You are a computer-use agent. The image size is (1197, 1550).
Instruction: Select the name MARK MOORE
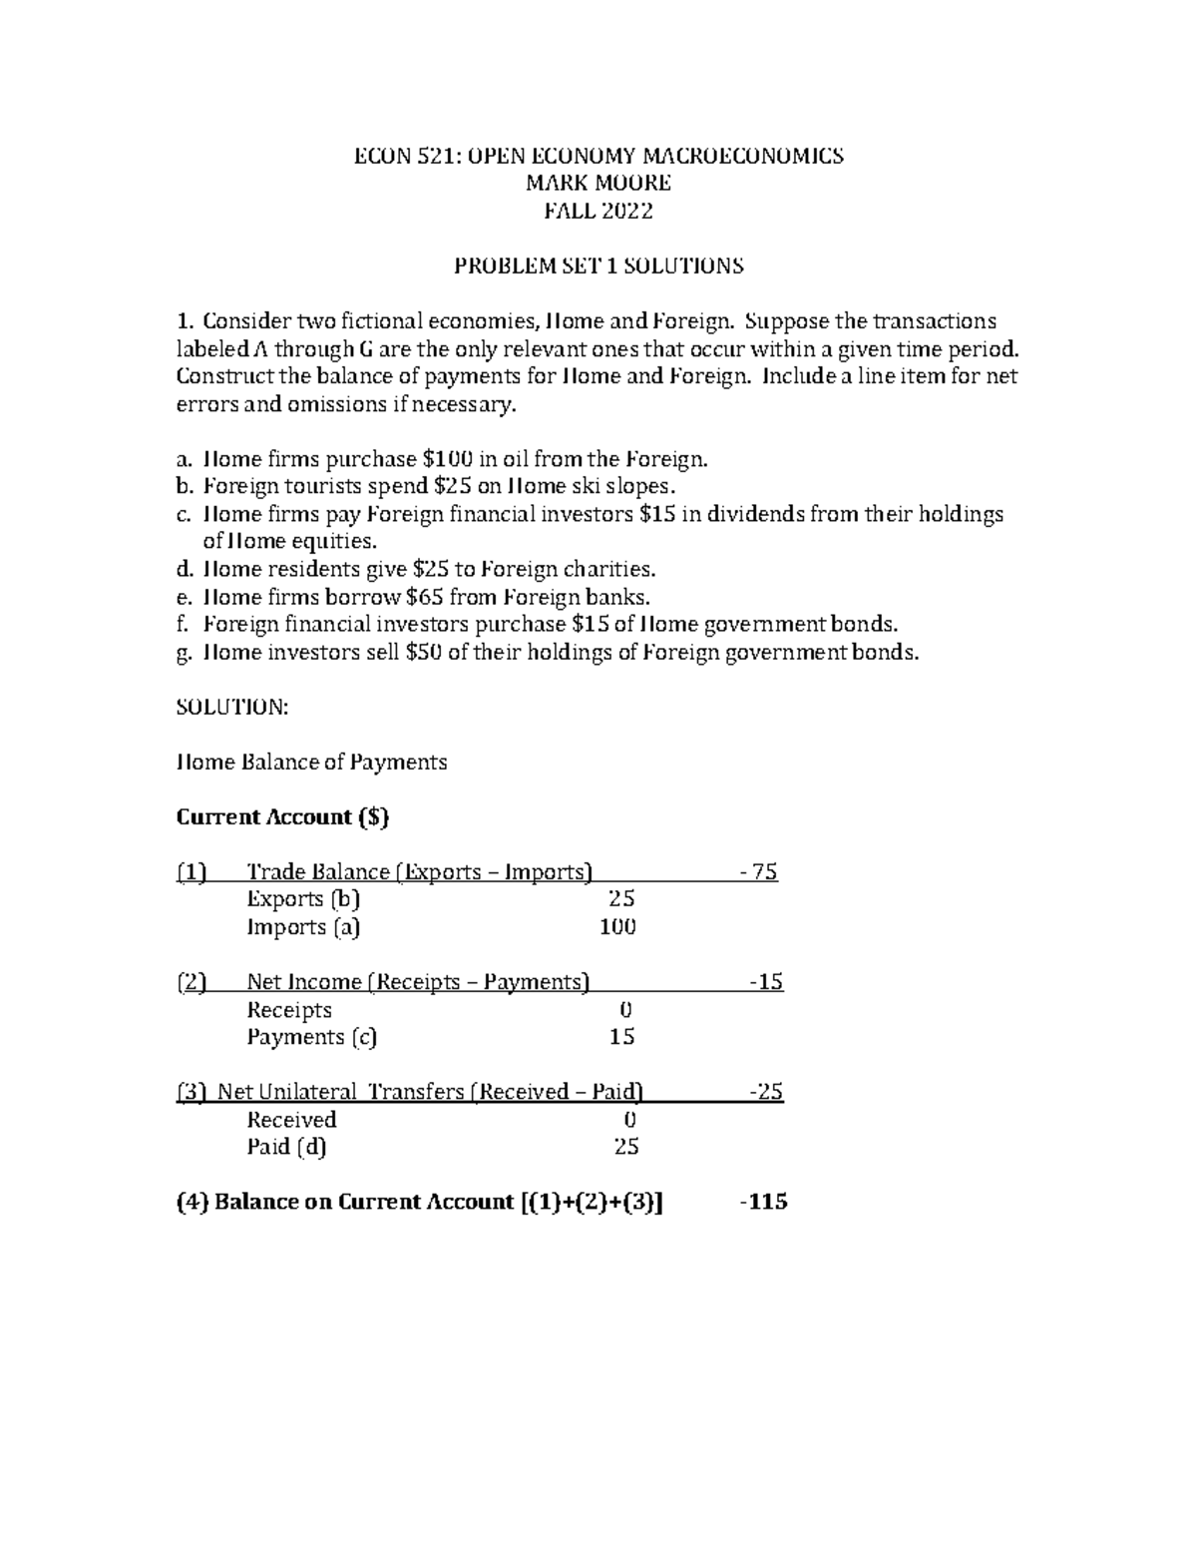[x=598, y=183]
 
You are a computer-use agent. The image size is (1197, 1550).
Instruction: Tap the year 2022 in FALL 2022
[x=627, y=211]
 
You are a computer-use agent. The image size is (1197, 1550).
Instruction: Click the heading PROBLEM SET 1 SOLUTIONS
[x=598, y=266]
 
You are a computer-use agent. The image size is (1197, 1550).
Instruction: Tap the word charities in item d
[x=610, y=570]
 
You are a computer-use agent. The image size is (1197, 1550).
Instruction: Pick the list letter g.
[x=182, y=654]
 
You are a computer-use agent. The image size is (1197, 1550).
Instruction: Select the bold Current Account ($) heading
[x=282, y=817]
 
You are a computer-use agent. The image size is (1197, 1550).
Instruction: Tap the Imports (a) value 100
[x=617, y=927]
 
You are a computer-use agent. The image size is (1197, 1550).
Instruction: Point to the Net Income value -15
[x=766, y=982]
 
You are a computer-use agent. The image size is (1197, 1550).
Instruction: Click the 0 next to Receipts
[x=626, y=1010]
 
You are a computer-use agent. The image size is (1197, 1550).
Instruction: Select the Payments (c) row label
[x=311, y=1037]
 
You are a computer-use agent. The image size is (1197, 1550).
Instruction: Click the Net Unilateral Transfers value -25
[x=766, y=1092]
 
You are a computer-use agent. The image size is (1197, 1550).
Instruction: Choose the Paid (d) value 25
[x=625, y=1147]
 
